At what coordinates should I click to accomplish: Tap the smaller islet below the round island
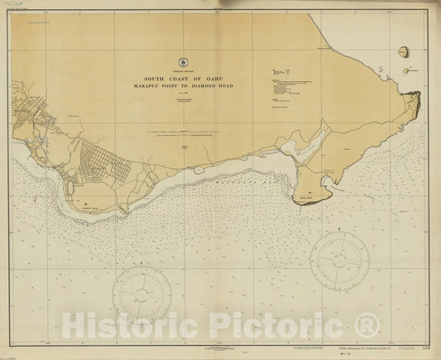pyautogui.click(x=409, y=72)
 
